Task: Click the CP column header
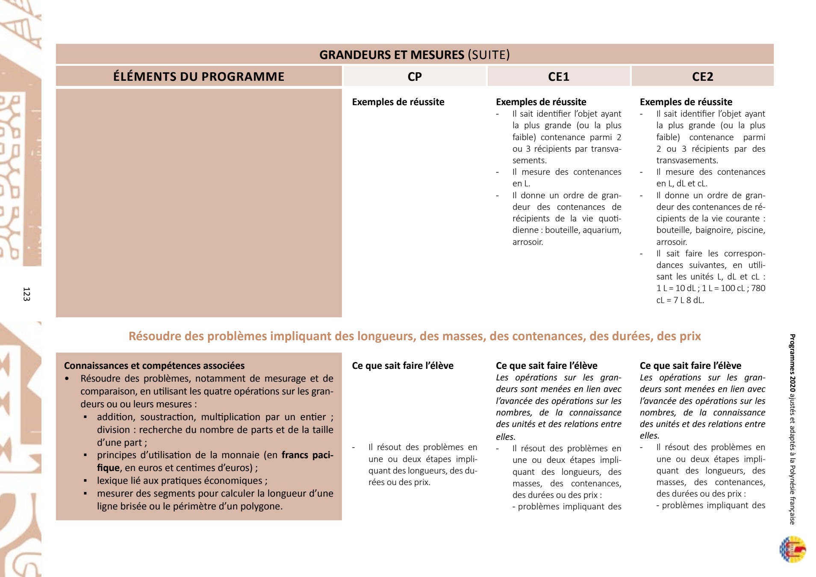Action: pos(415,77)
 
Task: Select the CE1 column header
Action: pos(559,77)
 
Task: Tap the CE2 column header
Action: pos(702,77)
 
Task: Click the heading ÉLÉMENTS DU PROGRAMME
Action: pos(199,77)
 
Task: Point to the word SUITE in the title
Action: pos(489,55)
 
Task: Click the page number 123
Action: pos(27,294)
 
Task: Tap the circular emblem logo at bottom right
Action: pos(792,549)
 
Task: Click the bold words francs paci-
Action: pos(307,455)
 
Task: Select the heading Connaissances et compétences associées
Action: pos(154,366)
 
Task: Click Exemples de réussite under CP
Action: pos(398,102)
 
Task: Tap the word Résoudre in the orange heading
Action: pos(155,336)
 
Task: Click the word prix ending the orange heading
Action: pos(689,336)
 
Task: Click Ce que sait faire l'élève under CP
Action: pos(403,366)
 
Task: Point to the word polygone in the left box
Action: pos(262,506)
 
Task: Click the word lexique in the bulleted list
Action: pos(112,481)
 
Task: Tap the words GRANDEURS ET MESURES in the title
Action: pos(392,55)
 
